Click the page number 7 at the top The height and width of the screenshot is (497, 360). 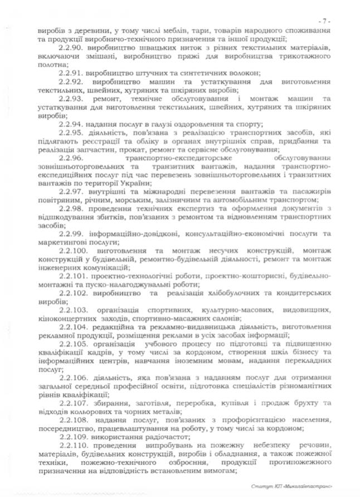[x=327, y=20]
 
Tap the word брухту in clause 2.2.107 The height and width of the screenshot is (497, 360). [x=312, y=403]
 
